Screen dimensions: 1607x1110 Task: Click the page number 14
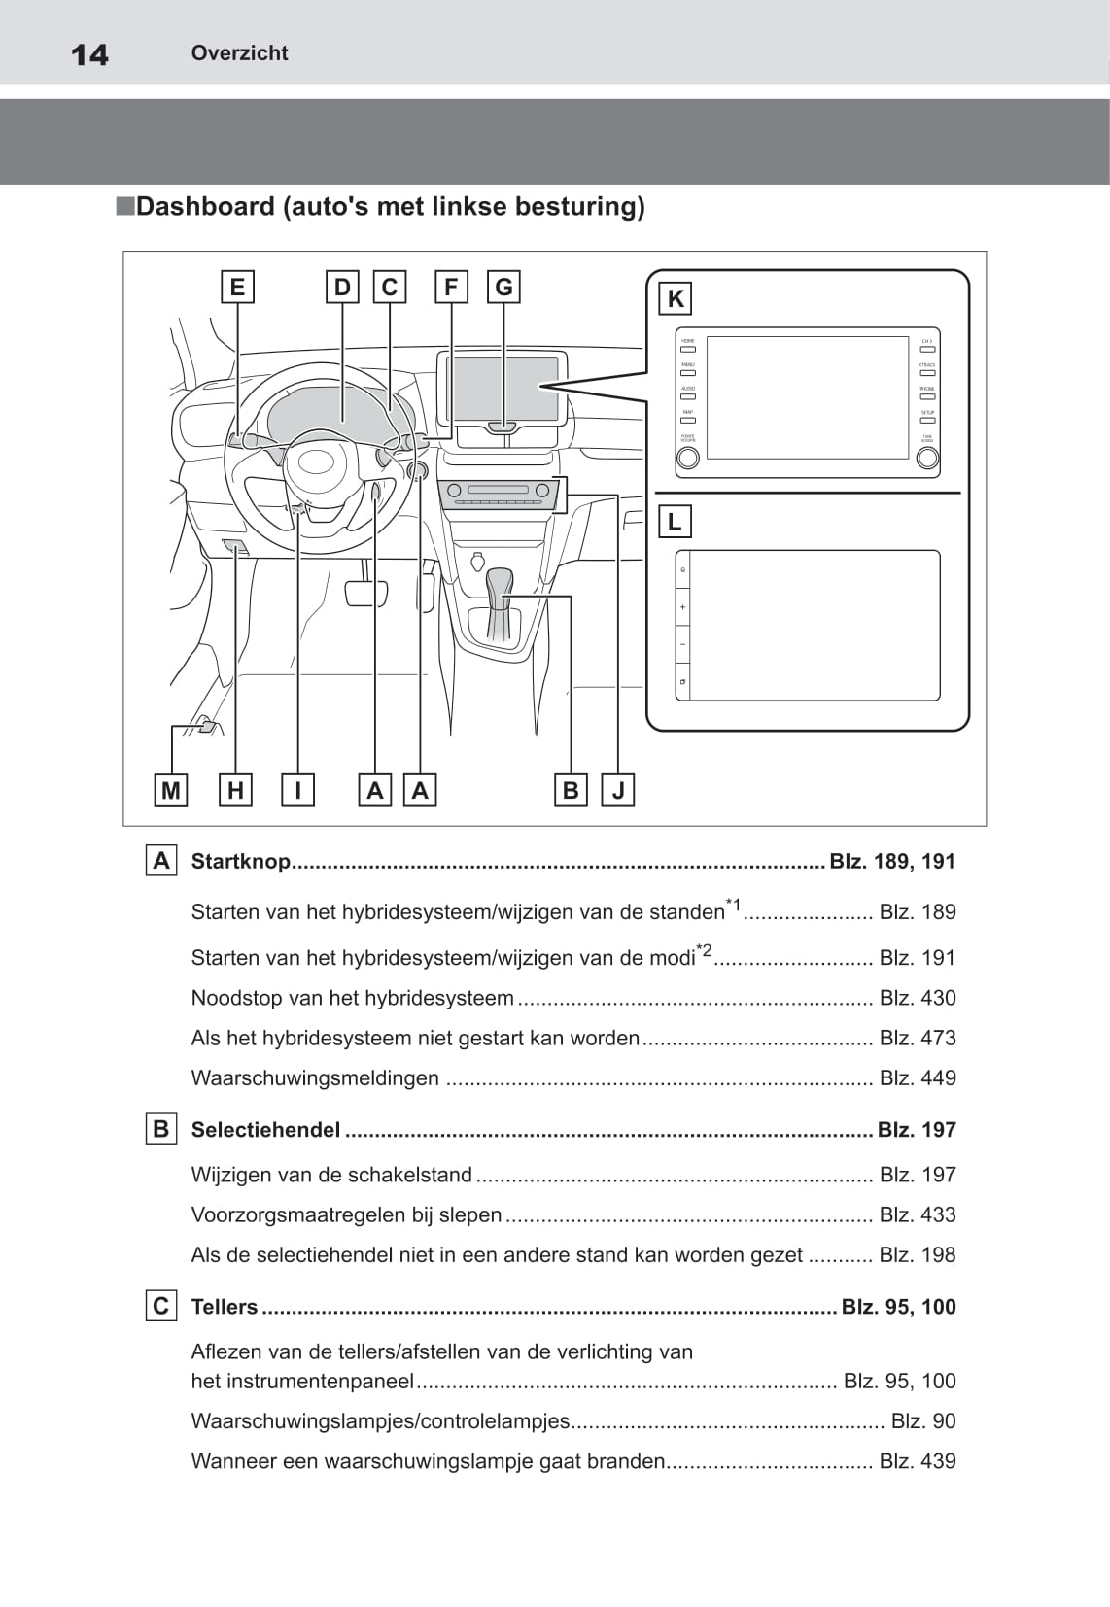click(89, 54)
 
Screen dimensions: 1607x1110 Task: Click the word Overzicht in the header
click(239, 53)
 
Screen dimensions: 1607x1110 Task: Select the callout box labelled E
click(237, 288)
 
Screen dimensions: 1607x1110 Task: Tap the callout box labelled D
click(342, 288)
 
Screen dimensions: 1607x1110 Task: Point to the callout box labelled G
click(503, 288)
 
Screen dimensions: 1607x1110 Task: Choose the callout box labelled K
click(676, 299)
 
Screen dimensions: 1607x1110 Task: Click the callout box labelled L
click(675, 522)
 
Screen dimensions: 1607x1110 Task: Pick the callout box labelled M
click(171, 791)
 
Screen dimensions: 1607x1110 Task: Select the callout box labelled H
click(235, 791)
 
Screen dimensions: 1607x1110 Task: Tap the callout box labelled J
click(618, 791)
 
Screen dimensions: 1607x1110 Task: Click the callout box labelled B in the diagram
click(571, 791)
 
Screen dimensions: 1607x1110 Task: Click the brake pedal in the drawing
click(366, 592)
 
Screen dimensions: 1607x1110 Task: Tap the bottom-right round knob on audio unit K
click(927, 458)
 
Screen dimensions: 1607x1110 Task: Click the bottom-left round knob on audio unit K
click(687, 458)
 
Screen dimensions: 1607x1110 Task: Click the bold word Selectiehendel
click(265, 1130)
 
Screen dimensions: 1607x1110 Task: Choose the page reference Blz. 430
click(917, 998)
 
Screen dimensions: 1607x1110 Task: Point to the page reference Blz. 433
click(917, 1214)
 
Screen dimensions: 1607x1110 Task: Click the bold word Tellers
click(225, 1307)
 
